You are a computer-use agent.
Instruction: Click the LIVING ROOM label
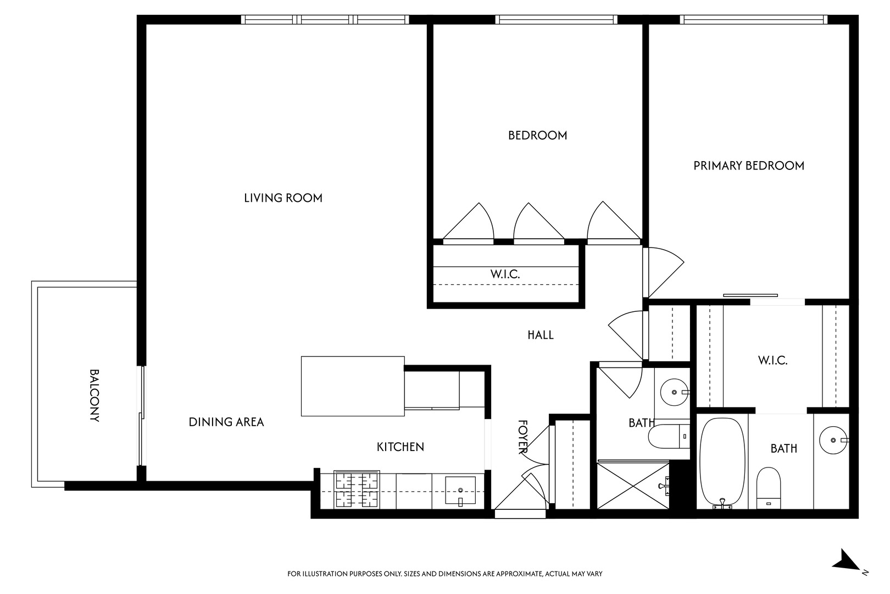[x=283, y=198]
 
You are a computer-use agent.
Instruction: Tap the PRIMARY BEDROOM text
[x=748, y=166]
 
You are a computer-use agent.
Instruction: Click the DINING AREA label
[x=226, y=422]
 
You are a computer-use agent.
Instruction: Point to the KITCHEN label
[x=400, y=447]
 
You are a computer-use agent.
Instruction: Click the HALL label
[x=541, y=334]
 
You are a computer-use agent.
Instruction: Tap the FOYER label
[x=522, y=437]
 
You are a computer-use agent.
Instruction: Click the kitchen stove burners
[x=357, y=490]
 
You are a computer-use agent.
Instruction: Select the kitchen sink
[x=460, y=491]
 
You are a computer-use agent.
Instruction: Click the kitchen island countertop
[x=352, y=386]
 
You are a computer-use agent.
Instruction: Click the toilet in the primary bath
[x=768, y=487]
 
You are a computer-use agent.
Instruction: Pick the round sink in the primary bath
[x=834, y=440]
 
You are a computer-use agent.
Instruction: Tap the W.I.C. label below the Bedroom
[x=505, y=274]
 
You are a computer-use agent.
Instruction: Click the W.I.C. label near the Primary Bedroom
[x=772, y=361]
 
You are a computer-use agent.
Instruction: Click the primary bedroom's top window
[x=753, y=19]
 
